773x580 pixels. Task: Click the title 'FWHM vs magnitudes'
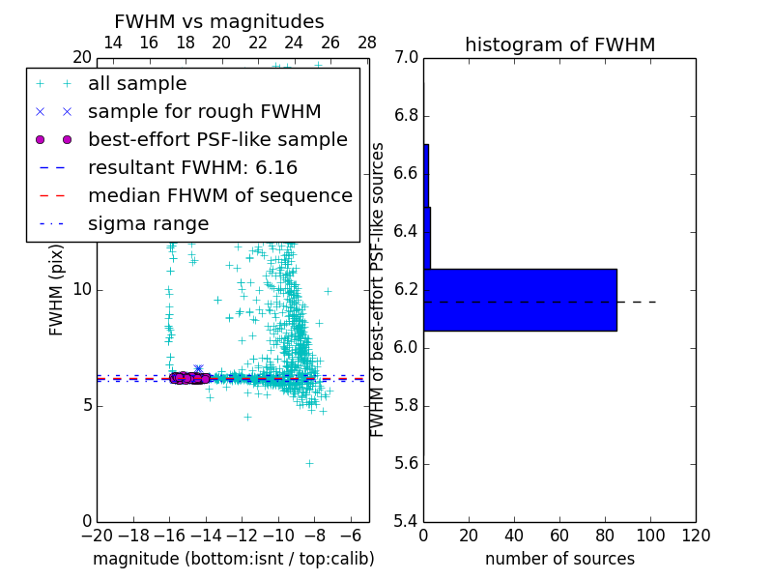pyautogui.click(x=219, y=21)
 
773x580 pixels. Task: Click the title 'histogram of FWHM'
pyautogui.click(x=559, y=44)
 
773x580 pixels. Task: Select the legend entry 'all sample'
pyautogui.click(x=137, y=84)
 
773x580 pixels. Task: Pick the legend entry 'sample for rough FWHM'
pyautogui.click(x=204, y=111)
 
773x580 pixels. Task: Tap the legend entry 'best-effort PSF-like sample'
pyautogui.click(x=217, y=139)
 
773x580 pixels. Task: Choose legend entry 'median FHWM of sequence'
pyautogui.click(x=219, y=195)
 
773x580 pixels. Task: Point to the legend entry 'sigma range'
pyautogui.click(x=148, y=223)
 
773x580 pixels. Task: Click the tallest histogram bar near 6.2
pyautogui.click(x=520, y=300)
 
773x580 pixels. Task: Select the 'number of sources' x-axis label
pyautogui.click(x=559, y=559)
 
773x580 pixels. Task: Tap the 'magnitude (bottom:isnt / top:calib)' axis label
pyautogui.click(x=233, y=559)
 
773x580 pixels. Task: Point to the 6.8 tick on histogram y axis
pyautogui.click(x=406, y=116)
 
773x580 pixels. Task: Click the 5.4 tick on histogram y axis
pyautogui.click(x=406, y=521)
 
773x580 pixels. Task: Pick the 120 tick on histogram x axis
pyautogui.click(x=696, y=536)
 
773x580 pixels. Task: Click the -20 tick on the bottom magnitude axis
pyautogui.click(x=97, y=536)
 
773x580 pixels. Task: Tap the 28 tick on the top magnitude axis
pyautogui.click(x=367, y=43)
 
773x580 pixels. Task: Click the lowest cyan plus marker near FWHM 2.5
pyautogui.click(x=309, y=463)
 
